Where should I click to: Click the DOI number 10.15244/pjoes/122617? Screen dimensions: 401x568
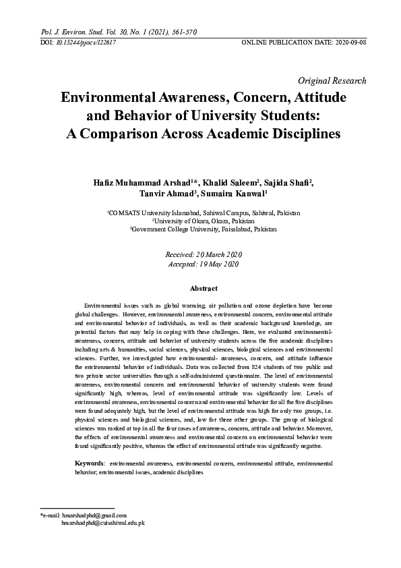click(85, 42)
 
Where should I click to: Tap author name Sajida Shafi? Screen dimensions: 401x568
click(280, 185)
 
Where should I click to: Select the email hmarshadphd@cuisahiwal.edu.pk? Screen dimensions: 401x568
click(102, 523)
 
